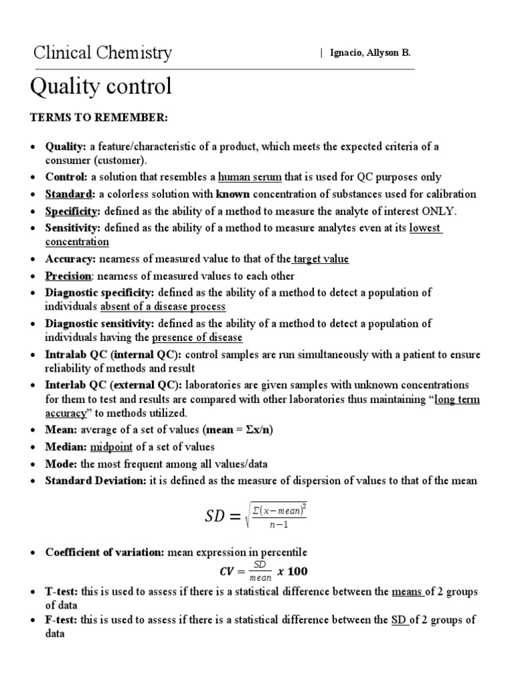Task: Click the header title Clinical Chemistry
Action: pos(103,53)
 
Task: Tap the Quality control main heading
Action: pos(102,87)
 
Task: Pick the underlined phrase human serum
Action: pos(250,177)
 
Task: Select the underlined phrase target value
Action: pos(321,259)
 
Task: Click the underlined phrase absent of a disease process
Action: pos(163,306)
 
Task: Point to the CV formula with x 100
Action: pos(263,571)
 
